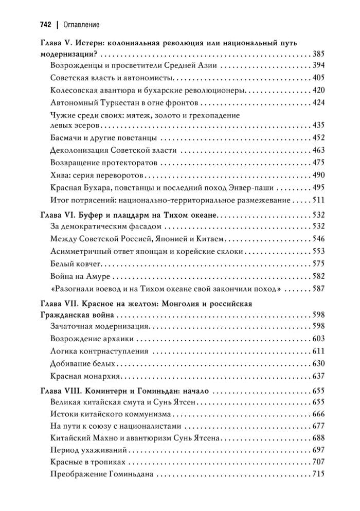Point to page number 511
coord(318,199)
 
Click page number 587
coord(318,289)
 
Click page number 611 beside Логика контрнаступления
coord(318,351)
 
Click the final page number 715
coord(318,475)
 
